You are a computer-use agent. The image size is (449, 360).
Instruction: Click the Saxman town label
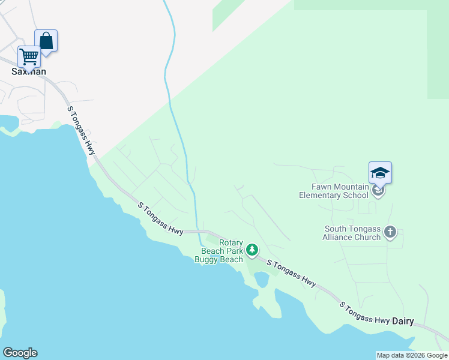[28, 71]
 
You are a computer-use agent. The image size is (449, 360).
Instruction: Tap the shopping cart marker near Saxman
[29, 57]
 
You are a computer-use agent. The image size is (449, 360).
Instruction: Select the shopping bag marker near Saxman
[46, 41]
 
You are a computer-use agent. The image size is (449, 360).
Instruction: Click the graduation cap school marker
[380, 173]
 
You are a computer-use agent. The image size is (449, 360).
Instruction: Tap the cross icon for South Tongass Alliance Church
[390, 232]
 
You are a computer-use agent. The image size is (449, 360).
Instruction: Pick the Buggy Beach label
[218, 260]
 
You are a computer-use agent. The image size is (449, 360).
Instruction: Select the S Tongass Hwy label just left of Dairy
[364, 312]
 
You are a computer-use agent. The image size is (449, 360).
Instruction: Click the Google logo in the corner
[20, 353]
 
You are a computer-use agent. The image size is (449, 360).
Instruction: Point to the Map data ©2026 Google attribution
[412, 355]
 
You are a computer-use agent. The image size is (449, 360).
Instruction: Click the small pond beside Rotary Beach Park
[262, 280]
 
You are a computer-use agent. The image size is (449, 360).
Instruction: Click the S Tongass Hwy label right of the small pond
[292, 273]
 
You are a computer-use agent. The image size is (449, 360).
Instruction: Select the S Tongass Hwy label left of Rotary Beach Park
[160, 218]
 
